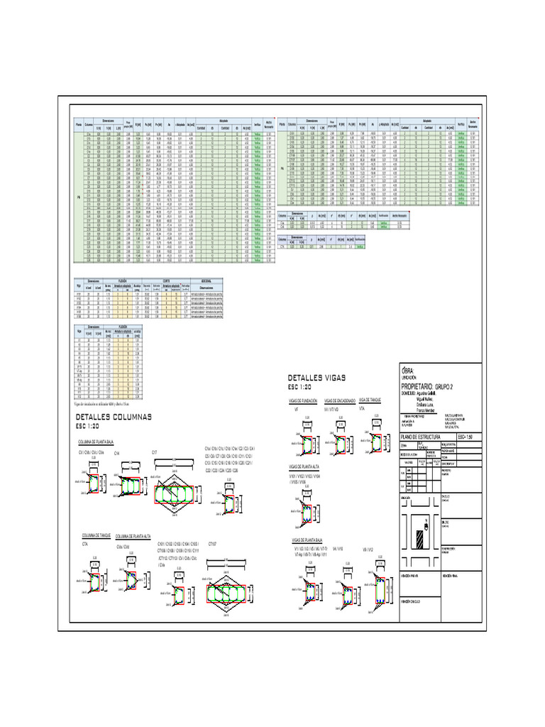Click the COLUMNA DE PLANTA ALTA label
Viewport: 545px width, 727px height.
133,536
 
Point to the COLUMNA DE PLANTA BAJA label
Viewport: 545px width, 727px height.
97,442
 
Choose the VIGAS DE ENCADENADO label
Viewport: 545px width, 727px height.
339,401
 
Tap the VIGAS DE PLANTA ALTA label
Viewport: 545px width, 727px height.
305,466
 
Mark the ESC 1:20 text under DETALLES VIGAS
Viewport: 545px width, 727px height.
302,388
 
